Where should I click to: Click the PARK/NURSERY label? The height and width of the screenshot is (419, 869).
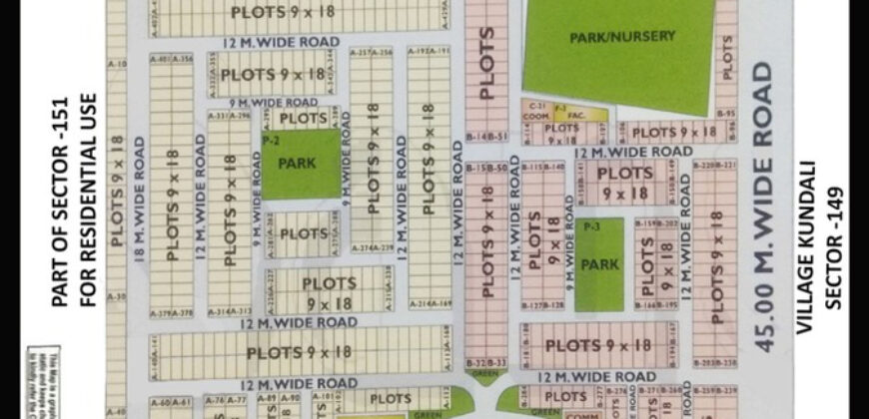(x=622, y=37)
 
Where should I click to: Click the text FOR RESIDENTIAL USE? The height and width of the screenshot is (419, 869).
(x=91, y=200)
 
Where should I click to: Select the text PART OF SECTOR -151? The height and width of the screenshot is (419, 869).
(x=62, y=200)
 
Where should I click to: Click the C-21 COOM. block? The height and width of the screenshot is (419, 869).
(x=537, y=111)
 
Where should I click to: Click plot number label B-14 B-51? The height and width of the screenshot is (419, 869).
(x=486, y=136)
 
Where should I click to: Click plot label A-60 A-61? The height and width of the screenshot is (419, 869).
(x=169, y=401)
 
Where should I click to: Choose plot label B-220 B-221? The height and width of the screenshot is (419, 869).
(x=713, y=165)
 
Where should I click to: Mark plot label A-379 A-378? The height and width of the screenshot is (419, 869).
(x=171, y=312)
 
